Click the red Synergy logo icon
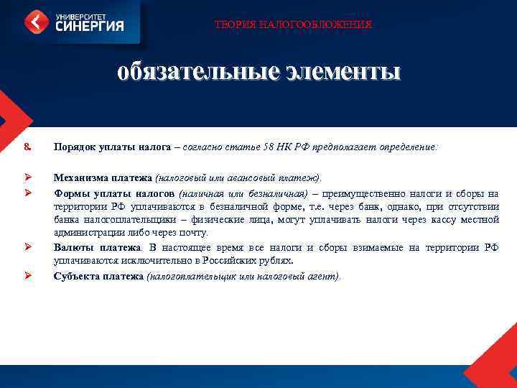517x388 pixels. pyautogui.click(x=37, y=22)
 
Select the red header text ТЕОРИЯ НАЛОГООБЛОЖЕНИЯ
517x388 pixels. pyautogui.click(x=294, y=25)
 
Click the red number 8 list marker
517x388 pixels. pyautogui.click(x=27, y=147)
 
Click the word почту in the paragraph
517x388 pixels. pyautogui.click(x=193, y=234)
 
